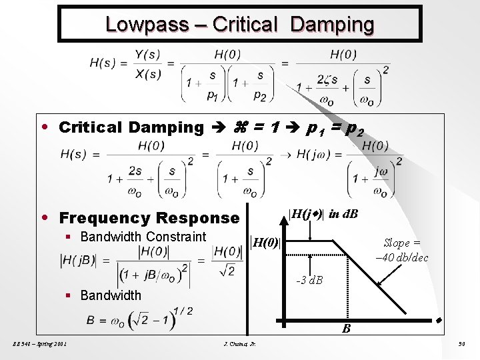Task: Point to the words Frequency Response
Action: (x=149, y=218)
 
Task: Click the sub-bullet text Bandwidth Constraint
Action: (x=143, y=237)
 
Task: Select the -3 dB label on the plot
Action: (x=309, y=280)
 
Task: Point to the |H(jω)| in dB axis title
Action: (x=323, y=214)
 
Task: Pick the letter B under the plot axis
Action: (x=346, y=329)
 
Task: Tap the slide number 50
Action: (x=461, y=345)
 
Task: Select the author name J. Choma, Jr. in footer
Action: (x=242, y=345)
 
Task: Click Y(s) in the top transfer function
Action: (x=147, y=54)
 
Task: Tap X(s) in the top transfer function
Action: (x=147, y=73)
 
